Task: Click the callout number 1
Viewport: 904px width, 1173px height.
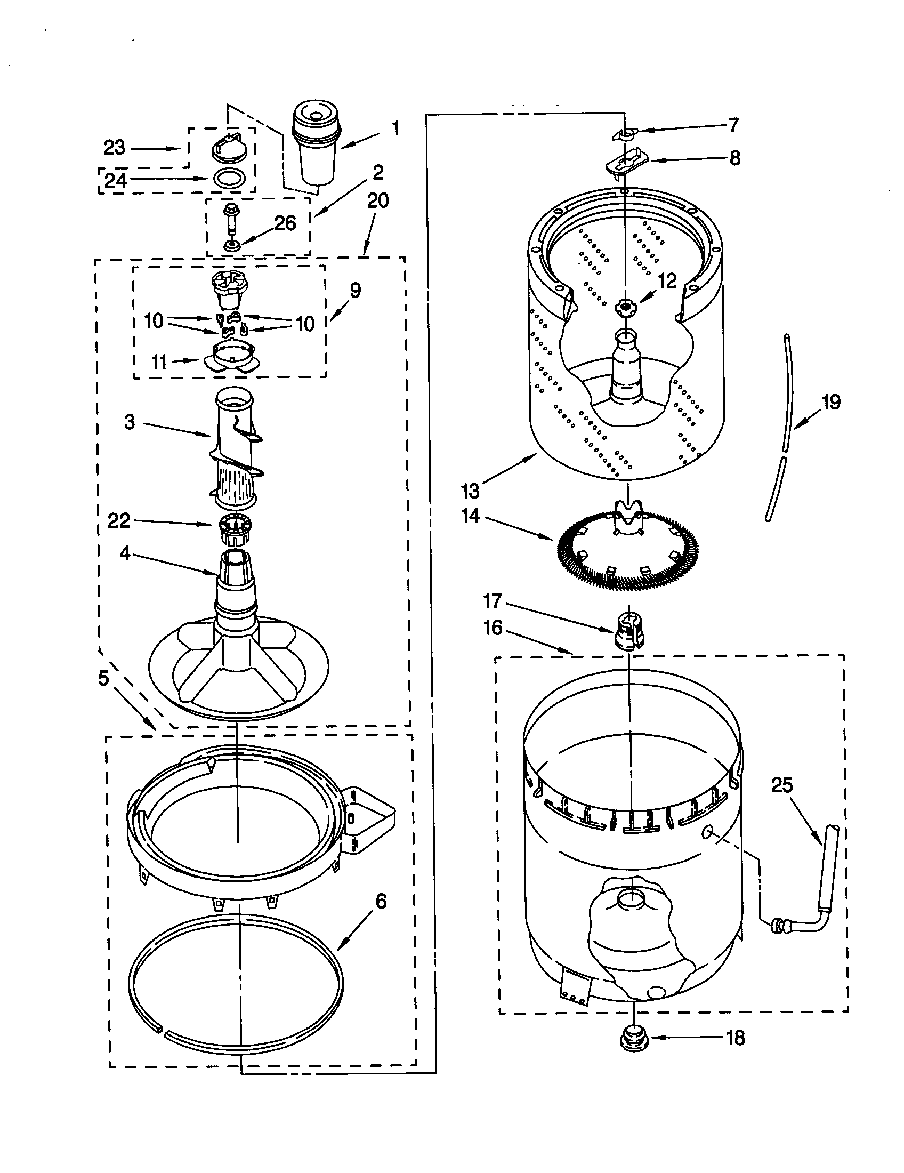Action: click(x=396, y=128)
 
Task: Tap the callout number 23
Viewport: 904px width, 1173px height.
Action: click(x=114, y=147)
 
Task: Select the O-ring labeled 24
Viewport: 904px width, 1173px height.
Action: click(x=230, y=178)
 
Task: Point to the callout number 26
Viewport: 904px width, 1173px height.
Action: click(x=285, y=223)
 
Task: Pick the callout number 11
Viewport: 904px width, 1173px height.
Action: click(x=159, y=363)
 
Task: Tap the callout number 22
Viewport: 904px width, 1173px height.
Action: click(x=119, y=520)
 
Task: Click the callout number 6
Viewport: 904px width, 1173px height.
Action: click(x=381, y=901)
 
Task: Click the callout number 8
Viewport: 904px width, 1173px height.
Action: click(x=735, y=158)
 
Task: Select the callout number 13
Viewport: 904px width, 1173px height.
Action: click(x=470, y=491)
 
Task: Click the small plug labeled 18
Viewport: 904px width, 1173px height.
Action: click(x=634, y=1038)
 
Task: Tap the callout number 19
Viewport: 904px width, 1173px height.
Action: click(x=831, y=401)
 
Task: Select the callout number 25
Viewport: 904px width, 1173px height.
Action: click(x=781, y=785)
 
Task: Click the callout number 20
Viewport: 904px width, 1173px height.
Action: click(x=377, y=201)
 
